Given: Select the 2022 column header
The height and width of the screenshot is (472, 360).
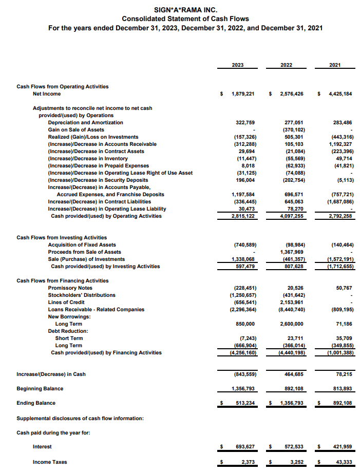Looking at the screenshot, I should [x=287, y=65].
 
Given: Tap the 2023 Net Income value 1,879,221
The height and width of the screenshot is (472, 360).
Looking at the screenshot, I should [x=243, y=94].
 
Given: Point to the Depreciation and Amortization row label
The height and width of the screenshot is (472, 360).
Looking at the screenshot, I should [x=85, y=123].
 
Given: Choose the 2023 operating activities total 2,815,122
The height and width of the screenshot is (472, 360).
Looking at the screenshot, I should [x=243, y=216].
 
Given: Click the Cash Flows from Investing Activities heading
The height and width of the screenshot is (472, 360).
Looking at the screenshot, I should [x=62, y=238].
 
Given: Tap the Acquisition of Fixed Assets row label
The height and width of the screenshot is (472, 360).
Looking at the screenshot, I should [x=82, y=245].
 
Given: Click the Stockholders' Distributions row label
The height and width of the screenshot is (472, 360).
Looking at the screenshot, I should [x=82, y=295].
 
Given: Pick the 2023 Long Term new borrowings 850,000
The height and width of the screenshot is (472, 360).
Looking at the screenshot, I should [x=245, y=324].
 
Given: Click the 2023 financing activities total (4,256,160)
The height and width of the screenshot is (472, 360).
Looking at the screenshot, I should [x=242, y=353].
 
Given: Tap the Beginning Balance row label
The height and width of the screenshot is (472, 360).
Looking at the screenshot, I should [x=40, y=389].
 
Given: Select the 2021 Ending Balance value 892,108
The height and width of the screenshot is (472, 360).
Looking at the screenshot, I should [x=341, y=403].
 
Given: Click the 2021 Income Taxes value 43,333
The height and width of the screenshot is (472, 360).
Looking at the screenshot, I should [x=343, y=462].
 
